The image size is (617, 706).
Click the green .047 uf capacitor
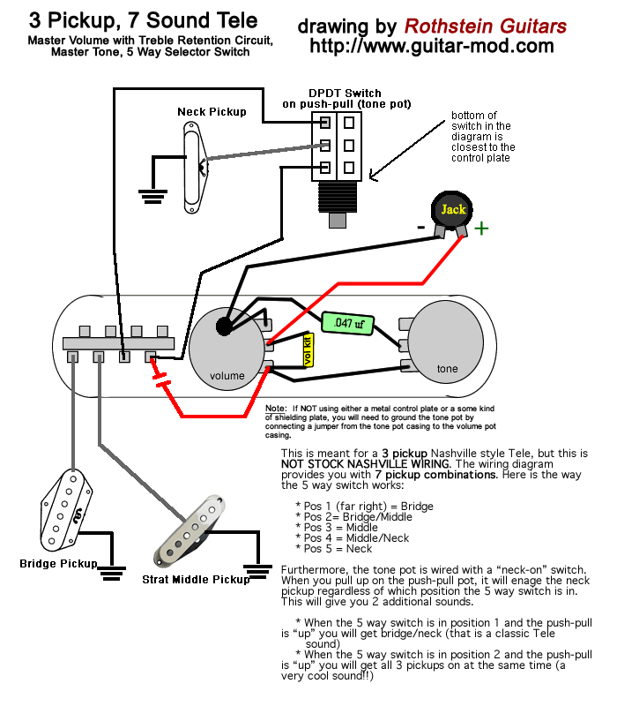348,323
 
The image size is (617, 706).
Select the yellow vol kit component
308,350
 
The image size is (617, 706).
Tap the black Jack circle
451,210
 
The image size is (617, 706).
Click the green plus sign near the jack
481,229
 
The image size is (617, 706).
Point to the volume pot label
227,376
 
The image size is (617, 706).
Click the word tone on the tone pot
448,369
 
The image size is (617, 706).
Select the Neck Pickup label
212,112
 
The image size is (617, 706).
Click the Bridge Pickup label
58,564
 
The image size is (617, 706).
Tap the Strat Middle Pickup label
196,580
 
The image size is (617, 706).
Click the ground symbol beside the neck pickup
152,196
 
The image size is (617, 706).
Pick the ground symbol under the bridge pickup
112,573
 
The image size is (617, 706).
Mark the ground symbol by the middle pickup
257,572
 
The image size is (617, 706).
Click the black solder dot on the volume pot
225,326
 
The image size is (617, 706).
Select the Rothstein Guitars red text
486,26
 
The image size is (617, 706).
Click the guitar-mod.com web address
432,46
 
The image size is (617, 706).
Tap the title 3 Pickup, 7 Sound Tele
144,20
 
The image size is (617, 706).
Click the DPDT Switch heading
345,94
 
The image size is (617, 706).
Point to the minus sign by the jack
421,228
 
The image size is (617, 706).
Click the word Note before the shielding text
276,409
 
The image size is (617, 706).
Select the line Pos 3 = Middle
337,527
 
